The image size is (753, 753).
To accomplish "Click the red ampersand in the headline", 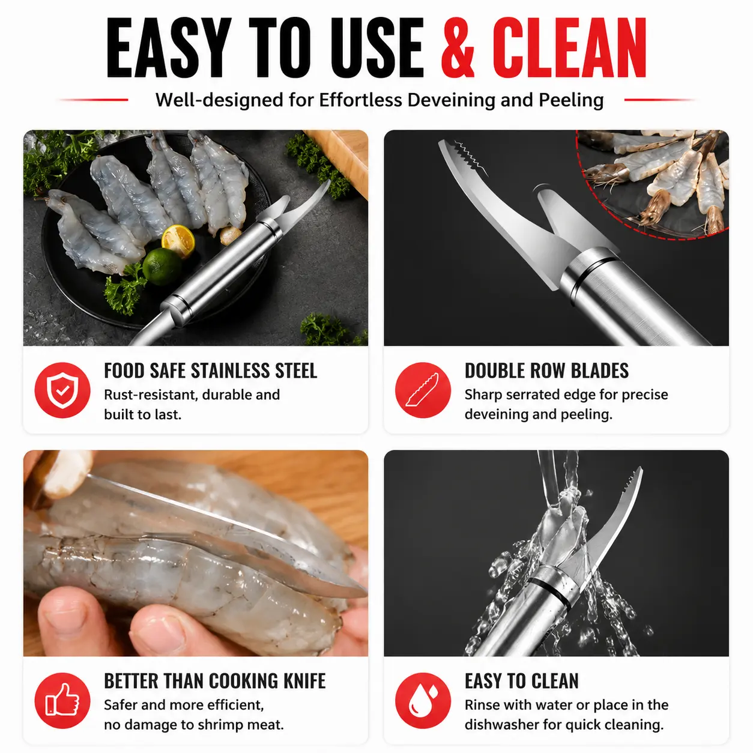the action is (x=458, y=47).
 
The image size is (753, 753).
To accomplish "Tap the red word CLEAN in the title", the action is (x=569, y=47).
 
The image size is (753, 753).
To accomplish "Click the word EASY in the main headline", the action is (x=169, y=47).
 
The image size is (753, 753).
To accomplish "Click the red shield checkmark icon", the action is (x=62, y=390).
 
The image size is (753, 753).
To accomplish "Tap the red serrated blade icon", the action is (x=423, y=390).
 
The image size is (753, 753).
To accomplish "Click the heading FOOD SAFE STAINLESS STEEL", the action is (x=210, y=370).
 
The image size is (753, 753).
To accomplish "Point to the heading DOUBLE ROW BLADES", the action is (x=546, y=370).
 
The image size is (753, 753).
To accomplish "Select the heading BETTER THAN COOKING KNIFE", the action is (x=214, y=681).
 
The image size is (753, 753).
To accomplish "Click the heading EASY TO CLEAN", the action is (x=522, y=681).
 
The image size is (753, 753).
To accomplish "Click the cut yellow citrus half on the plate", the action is (x=178, y=240).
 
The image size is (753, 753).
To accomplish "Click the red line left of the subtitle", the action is (x=93, y=100).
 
